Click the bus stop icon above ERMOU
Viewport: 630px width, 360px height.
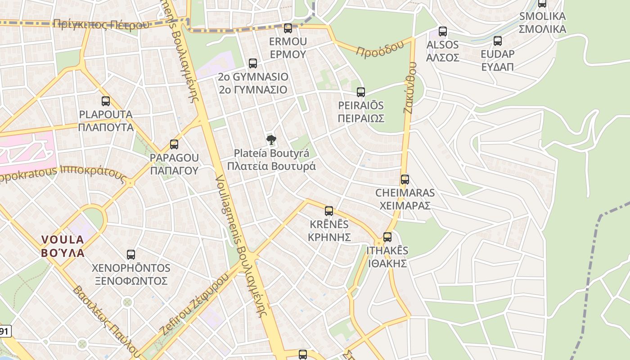(x=288, y=28)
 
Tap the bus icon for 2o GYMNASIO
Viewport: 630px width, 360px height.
(x=253, y=63)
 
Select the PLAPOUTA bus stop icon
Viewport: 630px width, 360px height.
(x=106, y=101)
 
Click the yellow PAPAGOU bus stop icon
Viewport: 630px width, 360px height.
(x=174, y=144)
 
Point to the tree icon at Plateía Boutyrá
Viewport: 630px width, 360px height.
(x=271, y=140)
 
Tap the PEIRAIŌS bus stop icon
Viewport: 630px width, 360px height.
(x=361, y=92)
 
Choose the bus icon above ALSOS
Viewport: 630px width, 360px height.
(x=443, y=31)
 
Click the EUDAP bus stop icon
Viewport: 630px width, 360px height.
(x=498, y=41)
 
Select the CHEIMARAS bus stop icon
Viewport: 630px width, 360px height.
(x=405, y=180)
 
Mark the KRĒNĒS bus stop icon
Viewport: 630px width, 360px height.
(x=329, y=211)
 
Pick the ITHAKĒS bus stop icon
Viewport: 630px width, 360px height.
(x=387, y=237)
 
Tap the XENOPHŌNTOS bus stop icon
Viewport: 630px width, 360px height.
(x=131, y=255)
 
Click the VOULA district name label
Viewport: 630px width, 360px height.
(x=63, y=246)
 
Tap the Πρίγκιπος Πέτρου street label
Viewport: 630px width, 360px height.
(x=100, y=24)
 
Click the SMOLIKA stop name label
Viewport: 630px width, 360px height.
(x=542, y=23)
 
